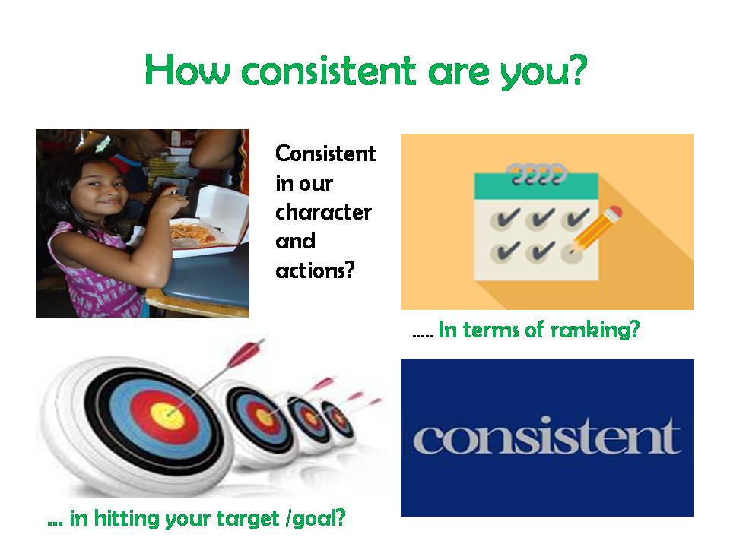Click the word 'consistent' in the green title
point(328,71)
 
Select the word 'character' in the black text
point(323,212)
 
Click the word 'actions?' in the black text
point(315,270)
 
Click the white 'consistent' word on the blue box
point(547,435)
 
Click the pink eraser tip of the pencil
point(615,212)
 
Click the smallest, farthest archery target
point(338,420)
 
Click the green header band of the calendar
point(536,186)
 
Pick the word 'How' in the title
point(187,70)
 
